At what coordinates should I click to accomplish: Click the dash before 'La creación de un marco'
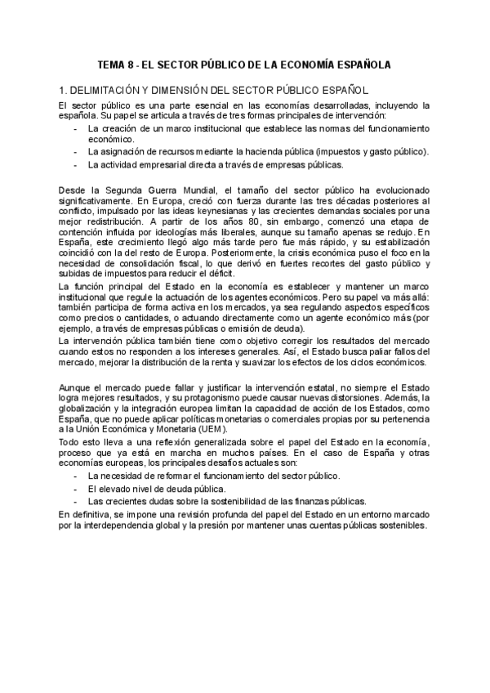(x=76, y=129)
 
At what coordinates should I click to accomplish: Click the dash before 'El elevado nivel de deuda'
(x=76, y=489)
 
